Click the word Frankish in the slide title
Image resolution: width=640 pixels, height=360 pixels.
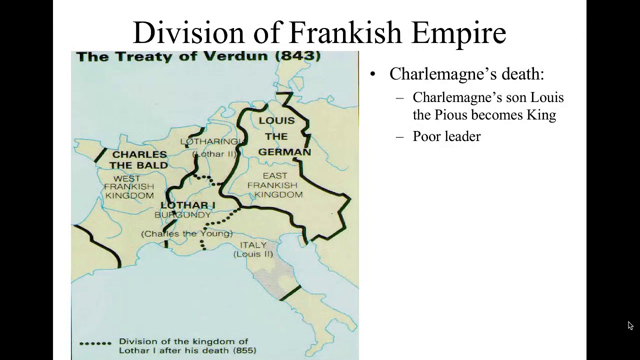pos(345,33)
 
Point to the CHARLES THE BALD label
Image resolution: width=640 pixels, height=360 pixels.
pos(139,159)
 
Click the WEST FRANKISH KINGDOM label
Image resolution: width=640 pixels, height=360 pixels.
pos(129,187)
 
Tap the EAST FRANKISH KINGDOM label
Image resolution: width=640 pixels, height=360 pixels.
pos(275,185)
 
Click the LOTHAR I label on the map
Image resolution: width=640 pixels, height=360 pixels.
pos(188,205)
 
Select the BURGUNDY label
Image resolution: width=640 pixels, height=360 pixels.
pos(182,215)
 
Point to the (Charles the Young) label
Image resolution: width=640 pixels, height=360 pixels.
pos(187,233)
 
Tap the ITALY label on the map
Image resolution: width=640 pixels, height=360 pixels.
pos(253,245)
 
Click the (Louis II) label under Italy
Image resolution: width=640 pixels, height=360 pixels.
pos(253,254)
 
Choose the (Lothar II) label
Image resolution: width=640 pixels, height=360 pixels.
pos(214,153)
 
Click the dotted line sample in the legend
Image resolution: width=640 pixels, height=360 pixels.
pos(95,343)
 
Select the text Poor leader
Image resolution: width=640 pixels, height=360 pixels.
pos(446,136)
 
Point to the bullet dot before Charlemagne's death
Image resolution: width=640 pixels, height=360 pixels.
pos(372,74)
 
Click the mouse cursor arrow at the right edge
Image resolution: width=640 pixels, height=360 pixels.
pos(630,325)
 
